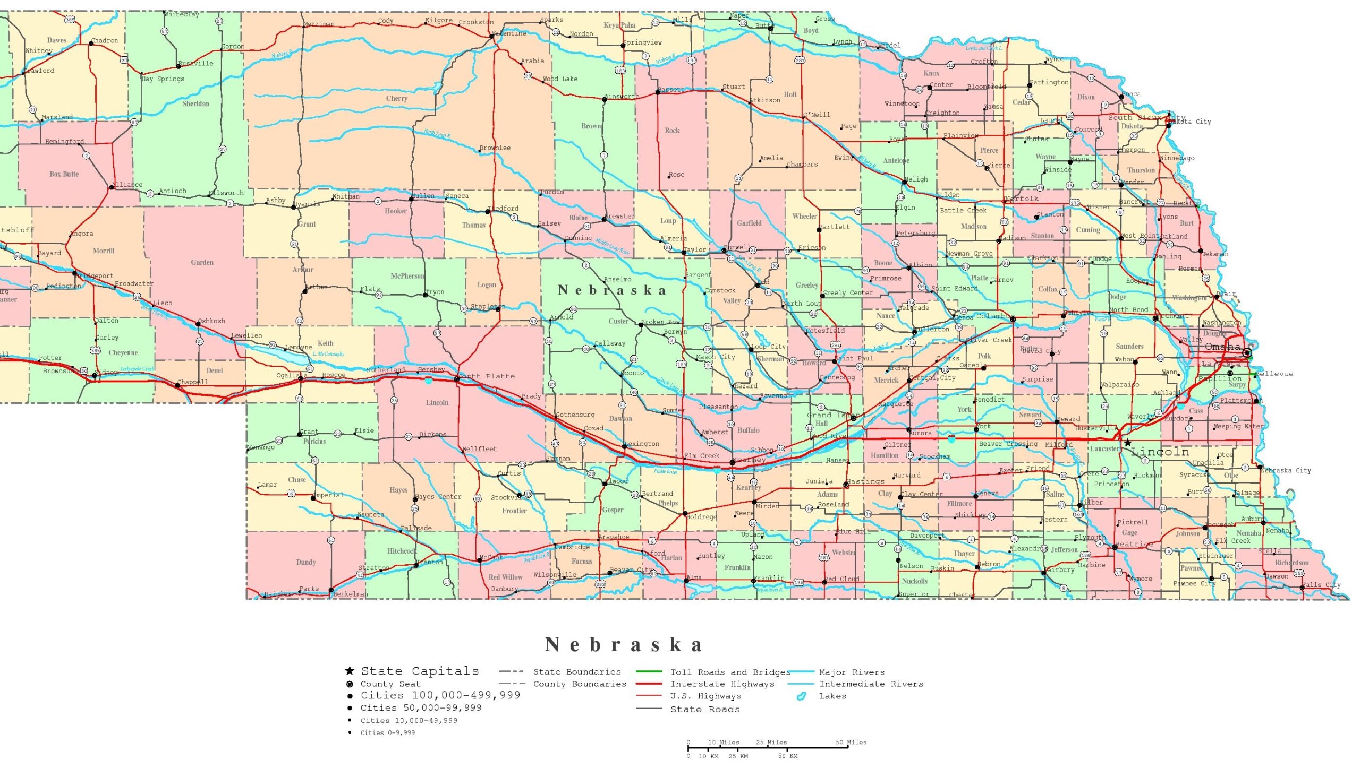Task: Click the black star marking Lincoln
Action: tap(1127, 443)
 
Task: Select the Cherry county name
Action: tap(396, 99)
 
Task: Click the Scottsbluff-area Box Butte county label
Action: tap(64, 174)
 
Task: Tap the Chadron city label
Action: tap(105, 41)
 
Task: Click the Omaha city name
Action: tap(1222, 347)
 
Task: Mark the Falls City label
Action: tap(1321, 585)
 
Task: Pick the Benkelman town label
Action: tap(351, 594)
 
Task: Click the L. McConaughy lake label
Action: tap(328, 354)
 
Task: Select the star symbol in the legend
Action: tap(349, 671)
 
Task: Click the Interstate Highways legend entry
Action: tap(722, 684)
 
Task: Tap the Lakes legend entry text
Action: tap(832, 696)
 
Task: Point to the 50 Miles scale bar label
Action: tap(851, 742)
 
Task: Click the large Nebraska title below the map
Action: tap(624, 645)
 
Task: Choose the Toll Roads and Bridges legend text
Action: tap(730, 672)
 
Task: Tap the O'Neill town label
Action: tap(817, 115)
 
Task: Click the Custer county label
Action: tap(618, 321)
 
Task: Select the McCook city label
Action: tap(491, 558)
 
